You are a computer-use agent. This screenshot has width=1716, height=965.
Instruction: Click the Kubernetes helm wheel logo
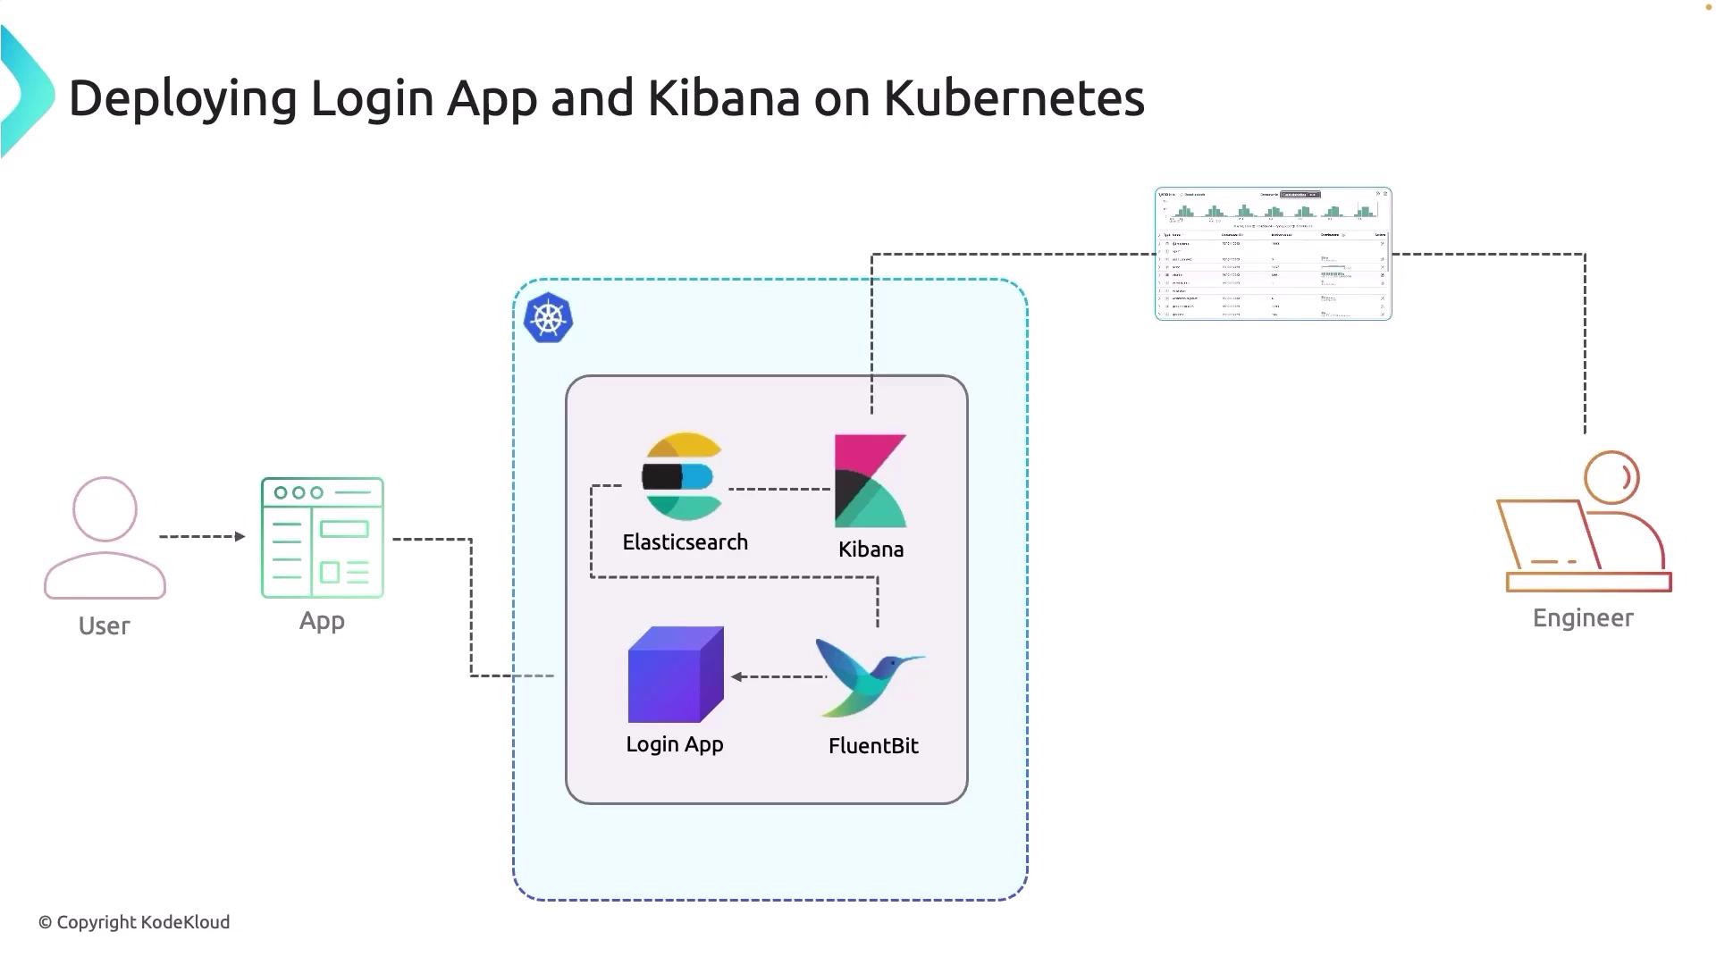tap(548, 318)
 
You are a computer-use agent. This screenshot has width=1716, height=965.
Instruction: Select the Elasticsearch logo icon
tap(681, 476)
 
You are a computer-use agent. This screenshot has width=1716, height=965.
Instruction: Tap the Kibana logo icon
tap(871, 481)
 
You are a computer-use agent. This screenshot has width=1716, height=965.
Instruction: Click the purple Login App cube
tap(675, 675)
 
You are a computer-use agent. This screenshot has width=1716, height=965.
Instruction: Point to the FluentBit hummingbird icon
tap(868, 676)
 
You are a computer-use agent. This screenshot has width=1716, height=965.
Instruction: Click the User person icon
tap(105, 538)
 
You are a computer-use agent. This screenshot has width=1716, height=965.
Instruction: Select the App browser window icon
tap(323, 538)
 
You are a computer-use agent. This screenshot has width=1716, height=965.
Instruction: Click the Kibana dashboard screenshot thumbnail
tap(1273, 254)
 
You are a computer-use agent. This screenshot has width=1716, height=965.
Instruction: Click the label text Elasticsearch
tap(685, 542)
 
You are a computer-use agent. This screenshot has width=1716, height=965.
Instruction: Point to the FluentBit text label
tap(873, 746)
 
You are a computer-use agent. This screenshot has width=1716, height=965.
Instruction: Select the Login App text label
tap(675, 744)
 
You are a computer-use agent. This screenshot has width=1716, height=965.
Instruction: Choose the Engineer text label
tap(1583, 618)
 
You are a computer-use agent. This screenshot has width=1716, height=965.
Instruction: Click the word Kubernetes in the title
tap(1014, 98)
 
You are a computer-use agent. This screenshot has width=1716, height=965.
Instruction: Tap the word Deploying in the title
tap(182, 98)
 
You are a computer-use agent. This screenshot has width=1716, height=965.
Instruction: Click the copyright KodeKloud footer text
tap(134, 922)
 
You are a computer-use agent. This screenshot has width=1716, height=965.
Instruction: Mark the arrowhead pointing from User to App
tap(240, 536)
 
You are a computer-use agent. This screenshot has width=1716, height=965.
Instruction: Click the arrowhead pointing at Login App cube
tap(737, 676)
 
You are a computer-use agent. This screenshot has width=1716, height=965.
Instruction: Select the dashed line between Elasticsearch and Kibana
tap(779, 489)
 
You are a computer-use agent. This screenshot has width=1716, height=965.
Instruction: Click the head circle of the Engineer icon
tap(1611, 477)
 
